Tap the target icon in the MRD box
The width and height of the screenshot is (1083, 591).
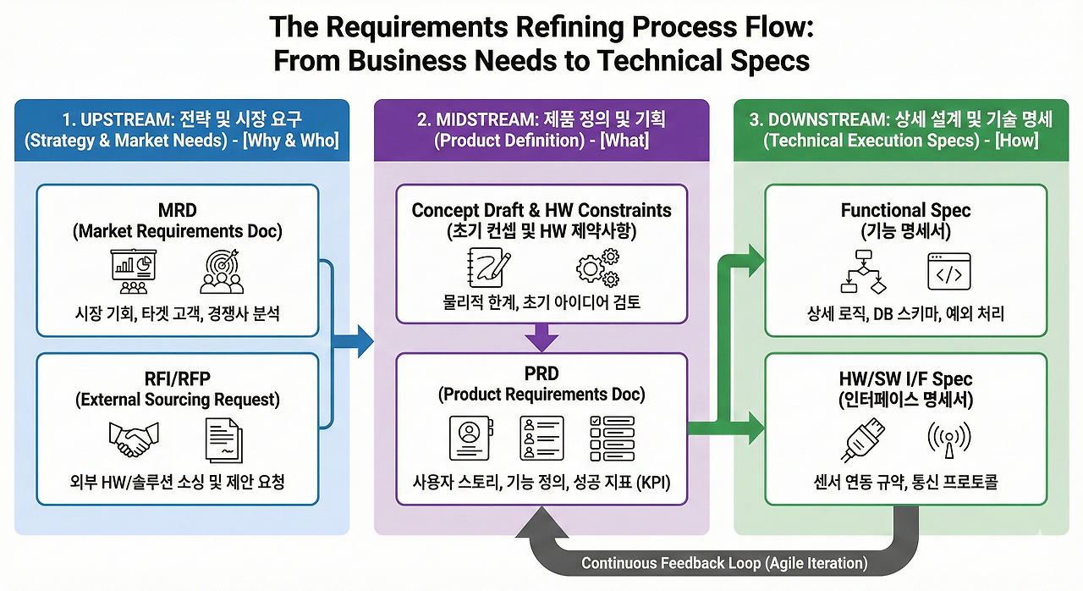point(222,271)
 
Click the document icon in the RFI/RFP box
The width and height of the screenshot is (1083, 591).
point(223,441)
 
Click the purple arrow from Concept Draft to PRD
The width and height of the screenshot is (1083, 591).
point(541,340)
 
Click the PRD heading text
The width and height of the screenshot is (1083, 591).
point(541,373)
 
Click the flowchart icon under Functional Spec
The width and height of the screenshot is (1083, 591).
point(865,271)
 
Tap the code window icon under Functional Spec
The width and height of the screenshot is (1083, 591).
point(949,271)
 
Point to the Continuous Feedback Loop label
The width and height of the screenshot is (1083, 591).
point(724,563)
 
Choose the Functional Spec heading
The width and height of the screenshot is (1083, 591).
point(905,211)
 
